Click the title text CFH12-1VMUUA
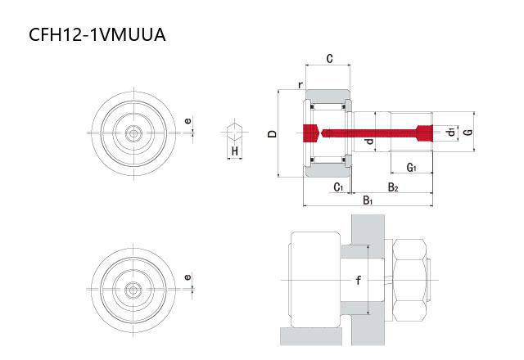[97, 34]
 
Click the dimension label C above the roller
[329, 59]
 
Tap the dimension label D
[273, 133]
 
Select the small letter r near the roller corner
[300, 85]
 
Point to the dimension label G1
[411, 167]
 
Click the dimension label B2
[393, 187]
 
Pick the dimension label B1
[368, 200]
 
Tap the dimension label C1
[338, 187]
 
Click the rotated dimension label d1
[451, 132]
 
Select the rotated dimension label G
[469, 132]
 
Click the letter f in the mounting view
[359, 280]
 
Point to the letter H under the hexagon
[235, 151]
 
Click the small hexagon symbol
[235, 132]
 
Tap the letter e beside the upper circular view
[188, 120]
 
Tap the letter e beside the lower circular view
[187, 277]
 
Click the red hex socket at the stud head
[311, 133]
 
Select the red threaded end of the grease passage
[424, 133]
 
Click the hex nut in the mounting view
[409, 280]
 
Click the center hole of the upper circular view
[133, 133]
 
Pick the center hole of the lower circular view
[133, 290]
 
